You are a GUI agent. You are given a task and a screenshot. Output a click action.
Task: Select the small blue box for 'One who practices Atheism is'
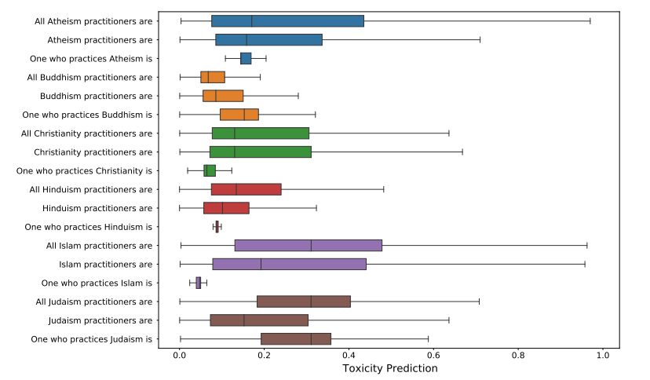[x=246, y=58]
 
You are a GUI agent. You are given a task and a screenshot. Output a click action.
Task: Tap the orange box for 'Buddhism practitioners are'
[x=223, y=96]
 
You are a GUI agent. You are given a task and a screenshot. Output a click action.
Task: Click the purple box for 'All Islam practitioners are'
[x=308, y=245]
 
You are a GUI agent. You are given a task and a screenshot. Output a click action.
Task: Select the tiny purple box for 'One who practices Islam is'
[x=199, y=283]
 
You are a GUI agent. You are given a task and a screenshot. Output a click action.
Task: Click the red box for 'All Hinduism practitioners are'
[x=246, y=189]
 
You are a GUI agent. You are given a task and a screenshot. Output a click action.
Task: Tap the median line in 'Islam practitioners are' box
[x=261, y=264]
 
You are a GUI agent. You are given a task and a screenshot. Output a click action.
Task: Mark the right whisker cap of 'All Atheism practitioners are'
[x=590, y=20]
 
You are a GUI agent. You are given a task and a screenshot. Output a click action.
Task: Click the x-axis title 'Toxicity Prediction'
[x=390, y=368]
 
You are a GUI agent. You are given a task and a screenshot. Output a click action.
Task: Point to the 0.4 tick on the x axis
[x=349, y=349]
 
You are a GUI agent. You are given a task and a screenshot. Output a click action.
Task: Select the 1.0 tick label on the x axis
[x=603, y=355]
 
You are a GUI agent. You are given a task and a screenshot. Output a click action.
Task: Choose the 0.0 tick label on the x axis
[x=180, y=355]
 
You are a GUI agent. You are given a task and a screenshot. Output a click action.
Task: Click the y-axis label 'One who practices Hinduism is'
[x=89, y=227]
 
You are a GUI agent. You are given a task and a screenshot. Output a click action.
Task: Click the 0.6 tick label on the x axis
[x=433, y=355]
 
